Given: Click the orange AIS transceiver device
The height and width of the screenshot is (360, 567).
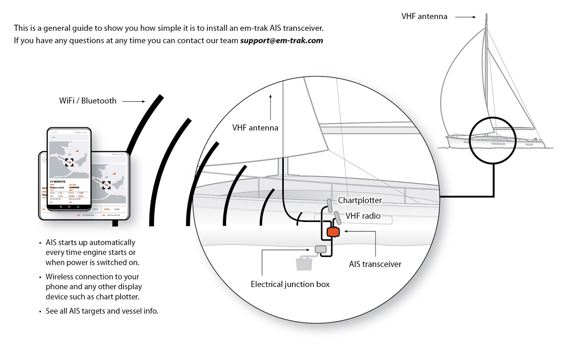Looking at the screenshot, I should pyautogui.click(x=333, y=232).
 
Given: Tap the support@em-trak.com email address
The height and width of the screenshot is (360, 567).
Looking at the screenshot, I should pyautogui.click(x=281, y=40).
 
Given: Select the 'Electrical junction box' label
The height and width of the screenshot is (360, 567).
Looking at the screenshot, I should pyautogui.click(x=290, y=284).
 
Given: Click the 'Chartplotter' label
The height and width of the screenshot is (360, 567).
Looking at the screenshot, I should pyautogui.click(x=360, y=200).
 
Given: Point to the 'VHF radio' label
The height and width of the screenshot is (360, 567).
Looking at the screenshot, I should pyautogui.click(x=363, y=216).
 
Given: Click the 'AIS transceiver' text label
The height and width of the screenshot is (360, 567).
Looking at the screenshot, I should pyautogui.click(x=375, y=264).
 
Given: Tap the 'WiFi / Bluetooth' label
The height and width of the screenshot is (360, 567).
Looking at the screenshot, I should pyautogui.click(x=87, y=101).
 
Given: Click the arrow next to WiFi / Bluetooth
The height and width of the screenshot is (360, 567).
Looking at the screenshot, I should pyautogui.click(x=133, y=101).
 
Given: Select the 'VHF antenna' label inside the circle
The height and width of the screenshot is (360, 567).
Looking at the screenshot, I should pyautogui.click(x=255, y=128).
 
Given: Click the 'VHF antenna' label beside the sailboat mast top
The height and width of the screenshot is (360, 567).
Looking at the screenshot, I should pyautogui.click(x=424, y=17).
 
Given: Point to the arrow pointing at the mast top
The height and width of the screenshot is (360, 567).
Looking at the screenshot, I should pyautogui.click(x=465, y=17).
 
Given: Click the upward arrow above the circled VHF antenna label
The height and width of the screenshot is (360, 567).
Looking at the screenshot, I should pyautogui.click(x=271, y=107).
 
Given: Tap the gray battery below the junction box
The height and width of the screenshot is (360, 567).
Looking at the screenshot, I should pyautogui.click(x=304, y=263).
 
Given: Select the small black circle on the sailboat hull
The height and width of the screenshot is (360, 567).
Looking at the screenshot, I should pyautogui.click(x=492, y=140).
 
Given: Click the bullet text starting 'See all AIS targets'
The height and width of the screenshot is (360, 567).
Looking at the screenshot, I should pyautogui.click(x=102, y=311).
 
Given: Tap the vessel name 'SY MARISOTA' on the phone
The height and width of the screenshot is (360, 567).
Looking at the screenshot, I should pyautogui.click(x=58, y=182).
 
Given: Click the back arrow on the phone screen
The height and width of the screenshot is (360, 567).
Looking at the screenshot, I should pyautogui.click(x=54, y=137).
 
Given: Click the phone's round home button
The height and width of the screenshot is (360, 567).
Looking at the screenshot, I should pyautogui.click(x=69, y=207).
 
